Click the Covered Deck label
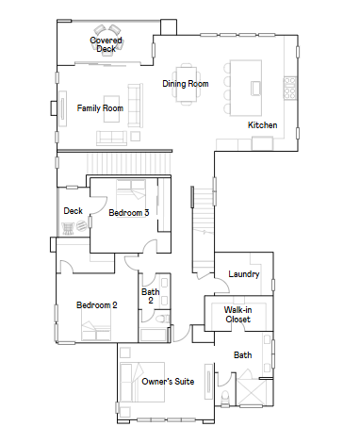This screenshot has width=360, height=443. pyautogui.click(x=106, y=44)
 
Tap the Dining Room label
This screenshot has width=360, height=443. pyautogui.click(x=186, y=84)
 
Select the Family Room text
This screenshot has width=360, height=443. pyautogui.click(x=100, y=108)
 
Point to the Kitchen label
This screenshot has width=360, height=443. pyautogui.click(x=262, y=125)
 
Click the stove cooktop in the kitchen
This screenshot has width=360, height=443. pyautogui.click(x=290, y=88)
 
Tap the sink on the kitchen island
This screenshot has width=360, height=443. pyautogui.click(x=255, y=88)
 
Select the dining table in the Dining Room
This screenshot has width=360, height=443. pyautogui.click(x=187, y=84)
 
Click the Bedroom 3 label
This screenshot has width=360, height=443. pyautogui.click(x=129, y=213)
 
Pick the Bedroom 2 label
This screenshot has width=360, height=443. pyautogui.click(x=97, y=305)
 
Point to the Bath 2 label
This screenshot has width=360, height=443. pyautogui.click(x=151, y=296)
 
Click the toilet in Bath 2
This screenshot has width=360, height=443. pyautogui.click(x=162, y=319)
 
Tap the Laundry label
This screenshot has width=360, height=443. pyautogui.click(x=244, y=274)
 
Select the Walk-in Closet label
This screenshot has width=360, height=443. pyautogui.click(x=237, y=315)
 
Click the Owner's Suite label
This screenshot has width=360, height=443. pyautogui.click(x=168, y=382)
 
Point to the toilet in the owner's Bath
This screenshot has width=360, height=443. pyautogui.click(x=225, y=398)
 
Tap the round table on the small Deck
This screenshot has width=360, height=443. pyautogui.click(x=82, y=226)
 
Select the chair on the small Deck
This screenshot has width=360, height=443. pyautogui.click(x=68, y=228)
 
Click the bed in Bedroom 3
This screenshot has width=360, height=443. pyautogui.click(x=131, y=193)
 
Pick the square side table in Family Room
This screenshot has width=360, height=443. pyautogui.click(x=136, y=136)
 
